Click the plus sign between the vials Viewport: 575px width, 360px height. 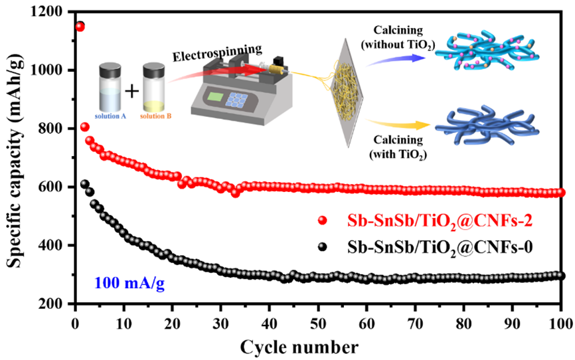coord(133,90)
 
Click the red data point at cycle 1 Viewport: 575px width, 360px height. coord(80,27)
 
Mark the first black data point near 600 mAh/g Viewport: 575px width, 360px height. coord(84,185)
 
